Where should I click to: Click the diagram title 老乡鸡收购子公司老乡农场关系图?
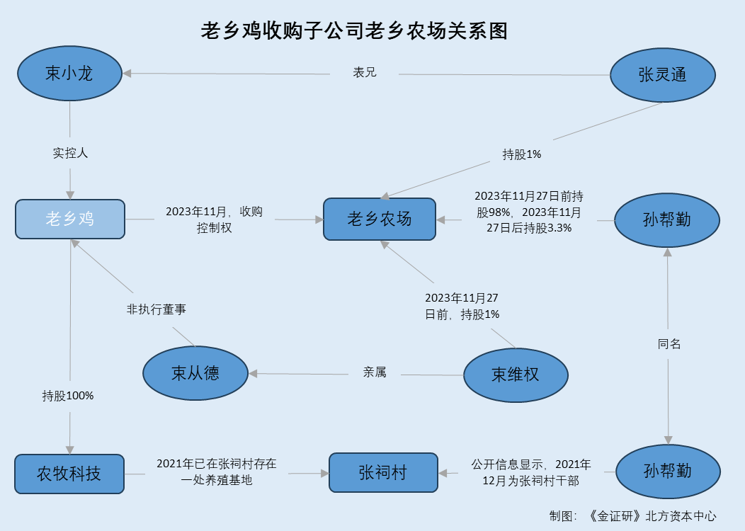pyautogui.click(x=355, y=31)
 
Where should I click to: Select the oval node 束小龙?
pyautogui.click(x=69, y=74)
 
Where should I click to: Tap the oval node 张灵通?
pyautogui.click(x=663, y=75)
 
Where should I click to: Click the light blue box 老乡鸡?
pyautogui.click(x=70, y=219)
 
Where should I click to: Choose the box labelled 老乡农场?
pyautogui.click(x=379, y=219)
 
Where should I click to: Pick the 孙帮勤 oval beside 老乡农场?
pyautogui.click(x=667, y=220)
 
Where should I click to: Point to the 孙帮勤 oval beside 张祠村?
pyautogui.click(x=667, y=471)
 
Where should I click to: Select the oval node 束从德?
pyautogui.click(x=195, y=374)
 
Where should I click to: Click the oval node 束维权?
pyautogui.click(x=516, y=375)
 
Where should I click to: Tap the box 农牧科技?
pyautogui.click(x=69, y=474)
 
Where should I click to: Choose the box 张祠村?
pyautogui.click(x=382, y=472)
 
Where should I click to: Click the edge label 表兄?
pyautogui.click(x=365, y=72)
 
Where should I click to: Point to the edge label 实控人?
pyautogui.click(x=70, y=152)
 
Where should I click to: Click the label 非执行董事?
pyautogui.click(x=156, y=309)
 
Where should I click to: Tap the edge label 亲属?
pyautogui.click(x=375, y=372)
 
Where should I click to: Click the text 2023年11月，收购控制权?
pyautogui.click(x=214, y=219)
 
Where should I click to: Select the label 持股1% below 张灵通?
pyautogui.click(x=522, y=154)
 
